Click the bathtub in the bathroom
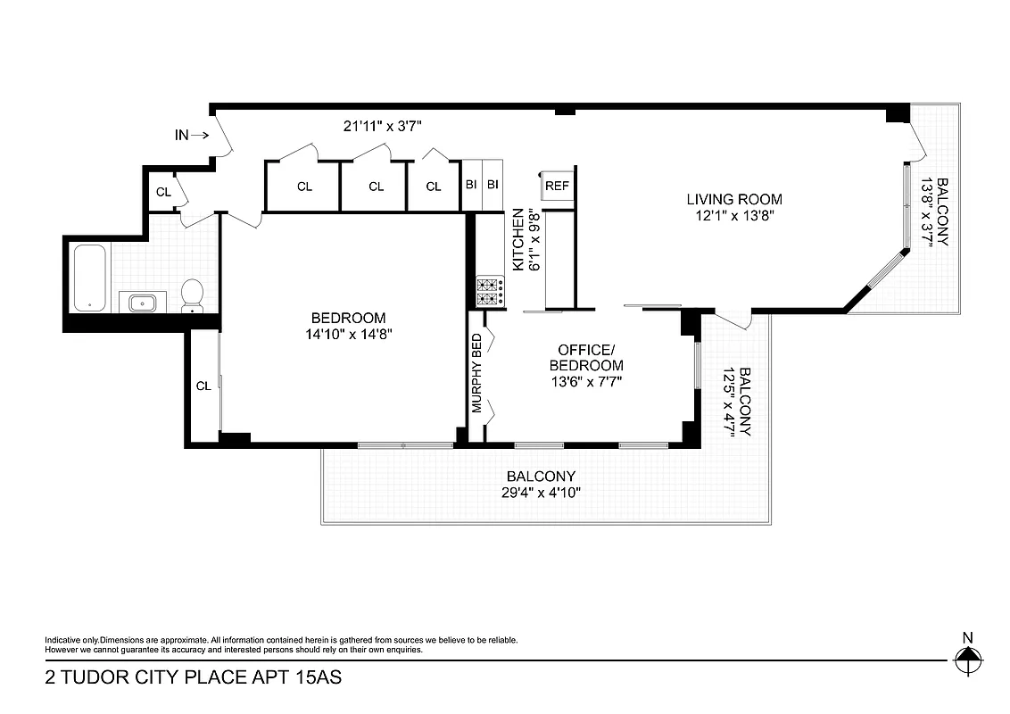pyautogui.click(x=90, y=278)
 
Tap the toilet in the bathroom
pyautogui.click(x=193, y=296)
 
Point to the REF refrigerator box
pyautogui.click(x=557, y=187)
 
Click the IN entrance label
pyautogui.click(x=182, y=136)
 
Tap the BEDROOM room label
pyautogui.click(x=348, y=318)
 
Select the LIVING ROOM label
pyautogui.click(x=734, y=199)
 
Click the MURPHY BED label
pyautogui.click(x=476, y=373)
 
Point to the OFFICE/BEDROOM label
pyautogui.click(x=586, y=357)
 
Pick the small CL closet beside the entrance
pyautogui.click(x=163, y=192)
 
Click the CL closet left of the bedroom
pyautogui.click(x=203, y=386)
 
